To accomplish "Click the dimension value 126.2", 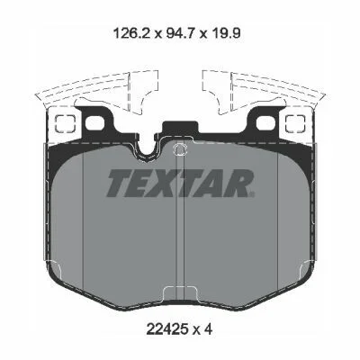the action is point(131,33).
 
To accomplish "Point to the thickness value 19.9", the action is point(225,33).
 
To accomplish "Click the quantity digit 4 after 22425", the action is point(209,329).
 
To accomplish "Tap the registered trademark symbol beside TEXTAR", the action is point(252,194).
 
